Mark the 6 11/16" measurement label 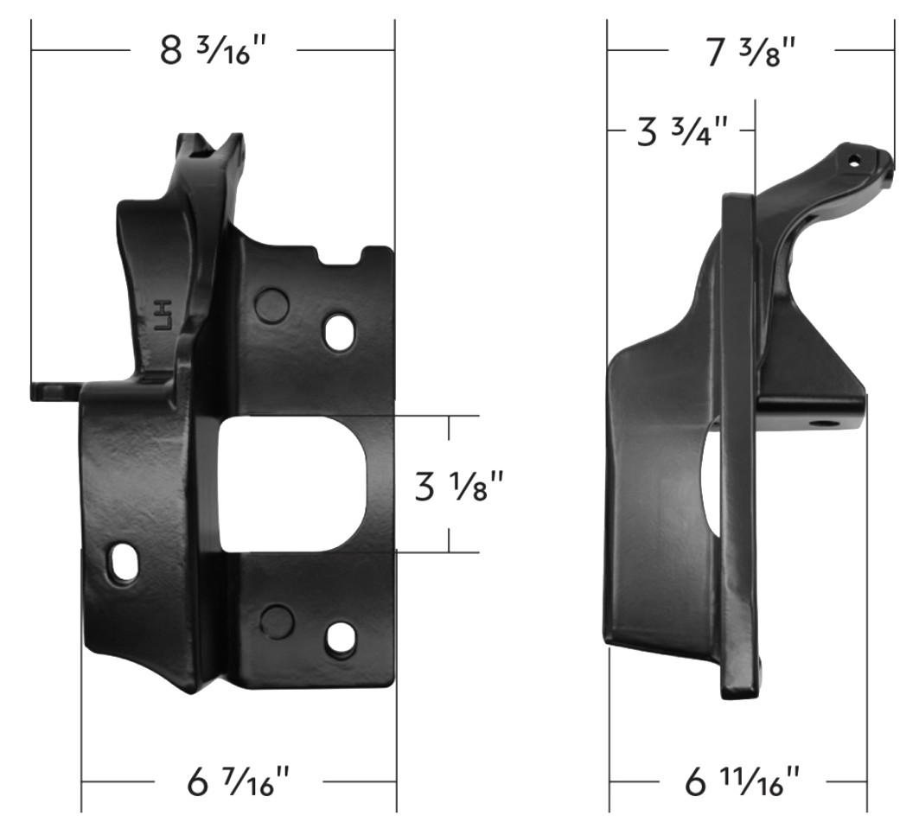[743, 783]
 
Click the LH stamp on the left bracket [162, 316]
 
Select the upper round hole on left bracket [272, 303]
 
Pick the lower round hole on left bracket [277, 620]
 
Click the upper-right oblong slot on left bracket [339, 333]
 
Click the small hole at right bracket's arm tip [854, 160]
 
